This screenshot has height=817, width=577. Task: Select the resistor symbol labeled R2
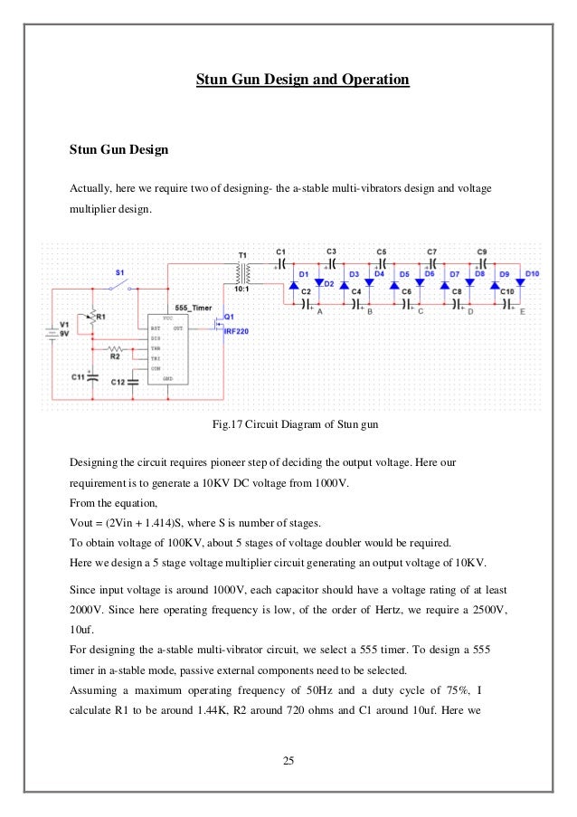tap(116, 347)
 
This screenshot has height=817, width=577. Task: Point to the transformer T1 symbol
tap(241, 271)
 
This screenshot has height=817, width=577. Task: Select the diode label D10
tap(532, 273)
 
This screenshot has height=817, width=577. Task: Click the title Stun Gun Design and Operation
tap(303, 81)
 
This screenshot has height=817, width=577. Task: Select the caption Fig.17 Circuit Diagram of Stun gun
tap(288, 423)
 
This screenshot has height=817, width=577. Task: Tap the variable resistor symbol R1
tap(91, 317)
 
